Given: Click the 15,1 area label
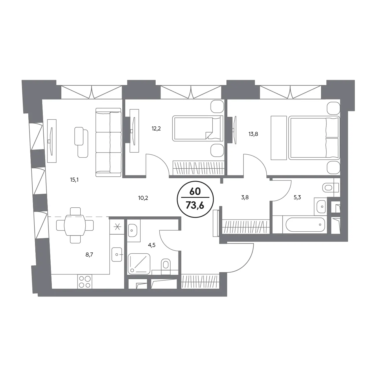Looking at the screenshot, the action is click(74, 180).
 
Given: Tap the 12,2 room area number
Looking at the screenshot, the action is click(156, 129).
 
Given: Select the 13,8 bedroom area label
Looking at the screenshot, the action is click(253, 134).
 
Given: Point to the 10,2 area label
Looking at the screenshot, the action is click(143, 198).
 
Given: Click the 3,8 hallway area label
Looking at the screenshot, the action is click(245, 198).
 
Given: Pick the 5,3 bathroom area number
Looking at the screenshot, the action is click(297, 198).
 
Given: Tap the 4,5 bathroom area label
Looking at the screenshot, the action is click(152, 245).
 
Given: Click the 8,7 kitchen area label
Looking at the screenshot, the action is click(89, 255).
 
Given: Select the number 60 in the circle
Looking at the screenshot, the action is click(195, 191).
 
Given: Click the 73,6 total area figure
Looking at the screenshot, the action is click(195, 205).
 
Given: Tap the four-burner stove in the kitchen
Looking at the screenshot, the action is click(85, 281).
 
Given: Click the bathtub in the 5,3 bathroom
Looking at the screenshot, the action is click(305, 224).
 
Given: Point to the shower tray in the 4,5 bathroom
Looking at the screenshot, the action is click(139, 264).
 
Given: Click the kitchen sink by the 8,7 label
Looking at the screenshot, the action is click(117, 255).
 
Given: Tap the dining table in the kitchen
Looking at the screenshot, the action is click(75, 225).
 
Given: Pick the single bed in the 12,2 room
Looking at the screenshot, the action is click(198, 128).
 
